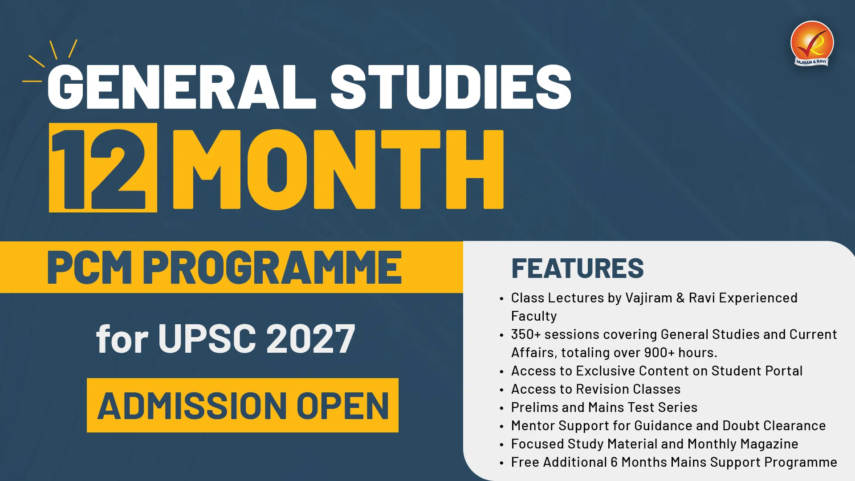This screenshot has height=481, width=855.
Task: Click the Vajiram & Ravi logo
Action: pos(812,44)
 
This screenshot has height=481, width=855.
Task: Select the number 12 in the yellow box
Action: pos(102,168)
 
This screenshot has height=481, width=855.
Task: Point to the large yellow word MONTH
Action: pos(338,169)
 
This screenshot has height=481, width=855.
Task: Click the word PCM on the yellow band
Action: pos(90,267)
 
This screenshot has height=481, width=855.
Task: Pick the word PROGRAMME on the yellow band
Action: pos(272,267)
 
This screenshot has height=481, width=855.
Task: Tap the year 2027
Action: pos(311,339)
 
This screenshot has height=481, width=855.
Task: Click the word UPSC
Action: pos(207,339)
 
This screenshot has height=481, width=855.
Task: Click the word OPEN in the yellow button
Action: pos(343,406)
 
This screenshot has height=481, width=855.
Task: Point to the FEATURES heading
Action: pos(578,268)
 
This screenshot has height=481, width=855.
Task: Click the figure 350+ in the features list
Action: pos(526,334)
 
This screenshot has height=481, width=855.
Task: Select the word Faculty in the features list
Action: pos(534,316)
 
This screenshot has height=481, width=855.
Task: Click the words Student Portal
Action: pos(757,371)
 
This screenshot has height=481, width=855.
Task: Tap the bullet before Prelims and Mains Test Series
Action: pos(502,408)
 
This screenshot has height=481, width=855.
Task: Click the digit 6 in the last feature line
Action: pos(614,462)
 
